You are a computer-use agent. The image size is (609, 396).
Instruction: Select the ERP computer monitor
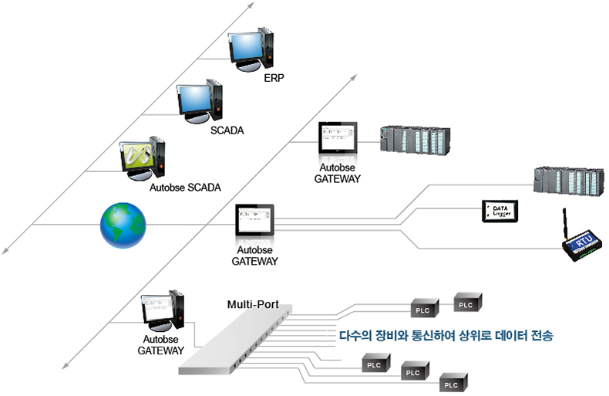pos(247,47)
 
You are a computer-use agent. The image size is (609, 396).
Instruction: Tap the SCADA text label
pos(227,130)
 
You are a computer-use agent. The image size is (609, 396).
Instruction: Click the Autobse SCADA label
pos(184,188)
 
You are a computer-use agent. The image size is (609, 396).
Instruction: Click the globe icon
pos(122,225)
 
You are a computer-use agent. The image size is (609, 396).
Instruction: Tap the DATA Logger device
pos(500,211)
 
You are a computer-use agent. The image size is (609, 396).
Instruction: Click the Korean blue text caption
pos(446,336)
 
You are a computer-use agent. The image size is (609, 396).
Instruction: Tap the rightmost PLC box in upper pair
pos(466,304)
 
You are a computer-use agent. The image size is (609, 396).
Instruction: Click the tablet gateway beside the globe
pos(254,221)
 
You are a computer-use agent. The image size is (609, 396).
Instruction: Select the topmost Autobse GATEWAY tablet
pos(337,139)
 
